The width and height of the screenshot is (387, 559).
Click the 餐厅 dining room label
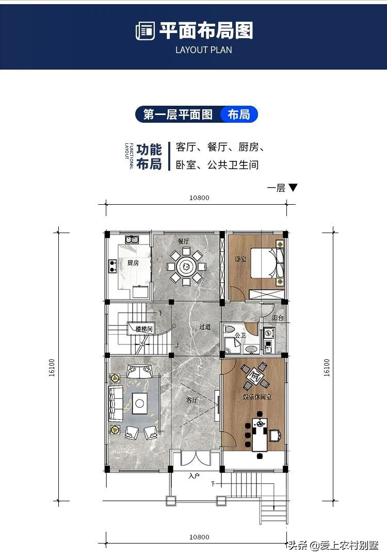[x=184, y=241]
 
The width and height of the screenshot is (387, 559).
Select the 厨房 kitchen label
[x=133, y=262]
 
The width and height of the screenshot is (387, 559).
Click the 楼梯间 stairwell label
[x=144, y=328]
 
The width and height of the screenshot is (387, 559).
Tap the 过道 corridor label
[x=205, y=327]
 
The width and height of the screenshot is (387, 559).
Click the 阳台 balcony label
[x=278, y=318]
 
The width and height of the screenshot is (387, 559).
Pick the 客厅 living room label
[x=192, y=400]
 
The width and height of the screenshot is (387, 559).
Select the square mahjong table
[x=255, y=376]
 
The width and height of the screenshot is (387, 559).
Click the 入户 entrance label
[x=193, y=475]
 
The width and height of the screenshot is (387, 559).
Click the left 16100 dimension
[x=52, y=368]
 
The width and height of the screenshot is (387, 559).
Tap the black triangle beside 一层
[x=293, y=188]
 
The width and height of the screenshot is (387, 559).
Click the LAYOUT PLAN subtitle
[x=203, y=50]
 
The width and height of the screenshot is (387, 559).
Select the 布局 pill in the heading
[x=238, y=114]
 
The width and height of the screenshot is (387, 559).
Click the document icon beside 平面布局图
[x=145, y=31]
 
